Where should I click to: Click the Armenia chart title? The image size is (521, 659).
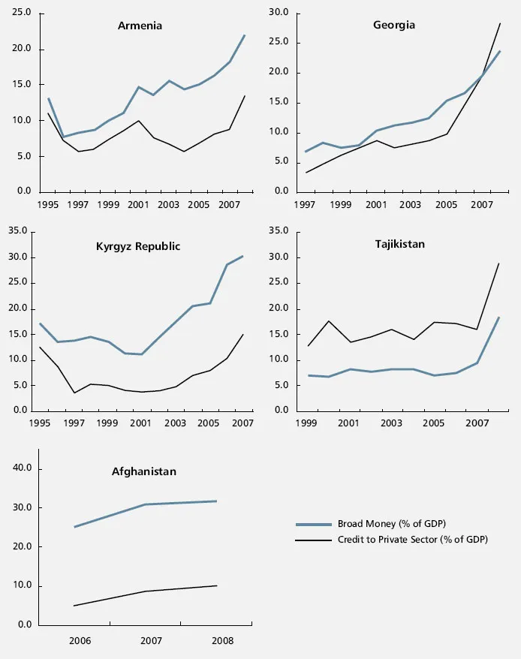(140, 26)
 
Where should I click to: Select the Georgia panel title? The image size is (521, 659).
(394, 26)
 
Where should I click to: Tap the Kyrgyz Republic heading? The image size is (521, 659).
(138, 246)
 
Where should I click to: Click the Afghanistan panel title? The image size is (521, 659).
(144, 471)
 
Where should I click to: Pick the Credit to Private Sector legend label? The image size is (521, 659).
(412, 539)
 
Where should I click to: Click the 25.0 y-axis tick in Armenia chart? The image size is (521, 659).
(22, 14)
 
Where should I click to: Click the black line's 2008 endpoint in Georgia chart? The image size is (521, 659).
(500, 23)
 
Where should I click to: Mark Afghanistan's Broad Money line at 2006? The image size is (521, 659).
(74, 527)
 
